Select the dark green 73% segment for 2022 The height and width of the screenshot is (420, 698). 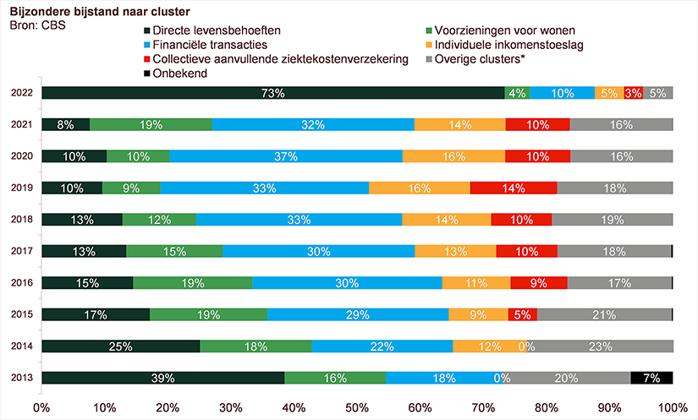click(x=272, y=93)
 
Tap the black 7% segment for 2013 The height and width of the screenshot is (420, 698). click(x=651, y=378)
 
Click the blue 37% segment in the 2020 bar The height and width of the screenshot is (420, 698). click(x=286, y=156)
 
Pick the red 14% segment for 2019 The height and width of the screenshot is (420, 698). click(x=514, y=188)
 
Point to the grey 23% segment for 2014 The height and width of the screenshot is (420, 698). click(x=602, y=346)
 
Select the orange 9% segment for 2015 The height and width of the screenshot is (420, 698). click(x=478, y=314)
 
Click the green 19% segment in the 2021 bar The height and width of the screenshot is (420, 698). click(x=151, y=124)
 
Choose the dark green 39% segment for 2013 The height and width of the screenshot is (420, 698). click(x=163, y=378)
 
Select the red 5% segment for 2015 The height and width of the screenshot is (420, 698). click(x=522, y=314)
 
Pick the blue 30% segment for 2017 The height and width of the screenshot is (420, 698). click(x=319, y=251)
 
